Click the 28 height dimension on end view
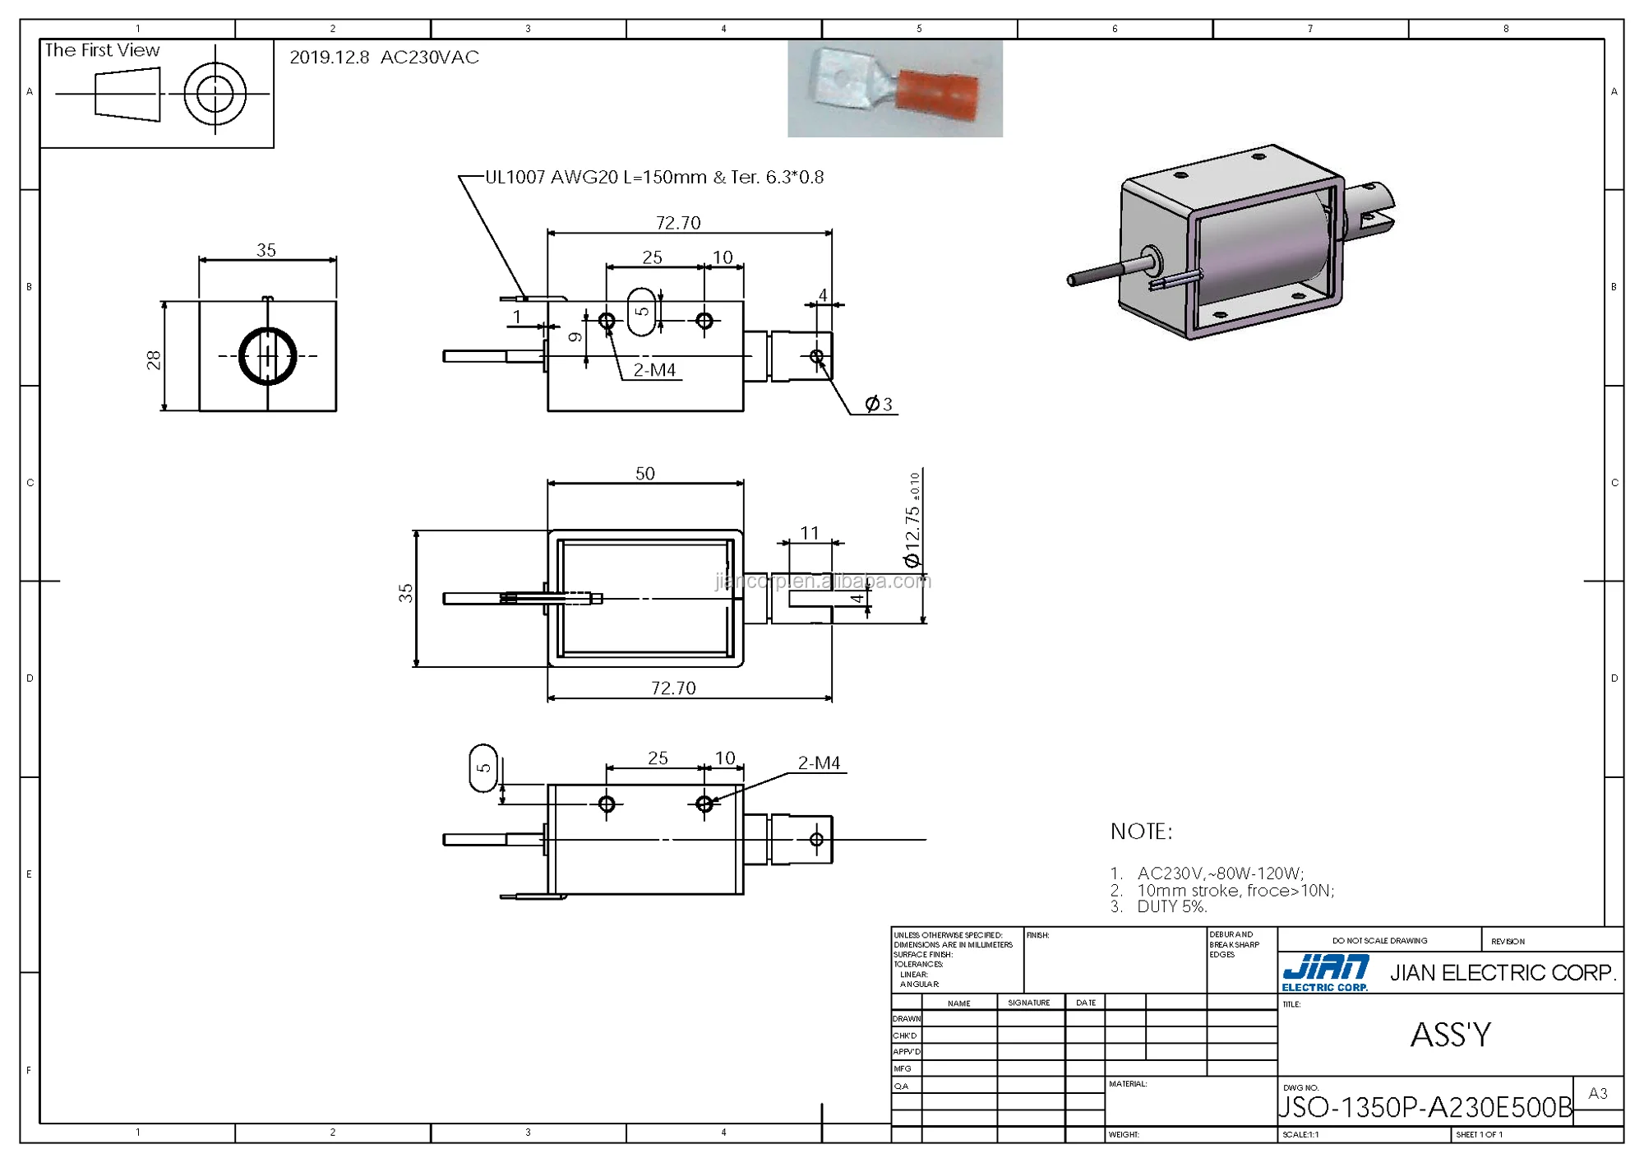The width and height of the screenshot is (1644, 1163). pyautogui.click(x=154, y=359)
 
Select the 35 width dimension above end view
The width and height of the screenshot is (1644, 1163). pyautogui.click(x=266, y=250)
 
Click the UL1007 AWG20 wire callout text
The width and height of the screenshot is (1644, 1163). pyautogui.click(x=653, y=178)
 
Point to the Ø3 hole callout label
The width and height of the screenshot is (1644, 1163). pyautogui.click(x=878, y=404)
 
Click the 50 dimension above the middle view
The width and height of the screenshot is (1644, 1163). pyautogui.click(x=645, y=474)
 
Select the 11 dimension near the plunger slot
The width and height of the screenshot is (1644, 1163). pyautogui.click(x=810, y=533)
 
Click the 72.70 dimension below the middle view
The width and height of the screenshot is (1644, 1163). pyautogui.click(x=673, y=688)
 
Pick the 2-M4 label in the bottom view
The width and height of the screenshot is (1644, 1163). pyautogui.click(x=819, y=763)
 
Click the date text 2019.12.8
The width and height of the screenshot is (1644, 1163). pyautogui.click(x=329, y=58)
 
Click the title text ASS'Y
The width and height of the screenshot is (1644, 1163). pyautogui.click(x=1451, y=1035)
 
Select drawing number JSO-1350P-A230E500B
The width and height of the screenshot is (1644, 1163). pyautogui.click(x=1425, y=1107)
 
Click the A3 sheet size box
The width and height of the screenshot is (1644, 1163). pyautogui.click(x=1598, y=1093)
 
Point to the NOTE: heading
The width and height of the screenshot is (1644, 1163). pyautogui.click(x=1141, y=832)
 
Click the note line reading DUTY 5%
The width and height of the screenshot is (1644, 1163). pyautogui.click(x=1171, y=906)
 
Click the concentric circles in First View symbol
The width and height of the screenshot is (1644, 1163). pyautogui.click(x=215, y=94)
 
